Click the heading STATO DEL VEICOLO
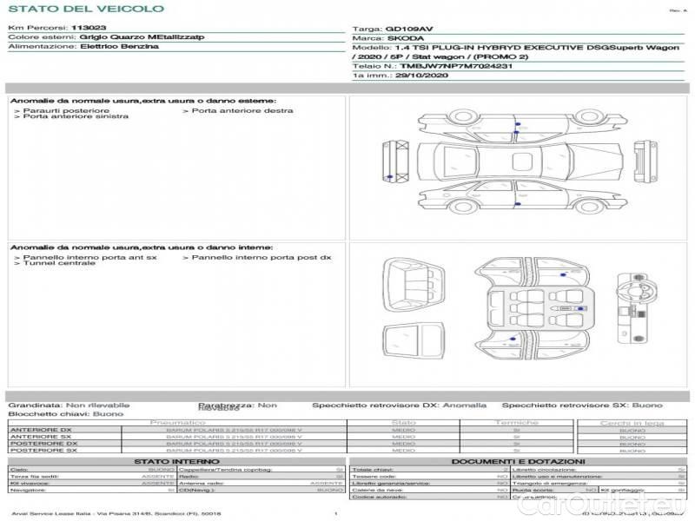85,9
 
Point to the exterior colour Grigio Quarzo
111,37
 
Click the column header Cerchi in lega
632,423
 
